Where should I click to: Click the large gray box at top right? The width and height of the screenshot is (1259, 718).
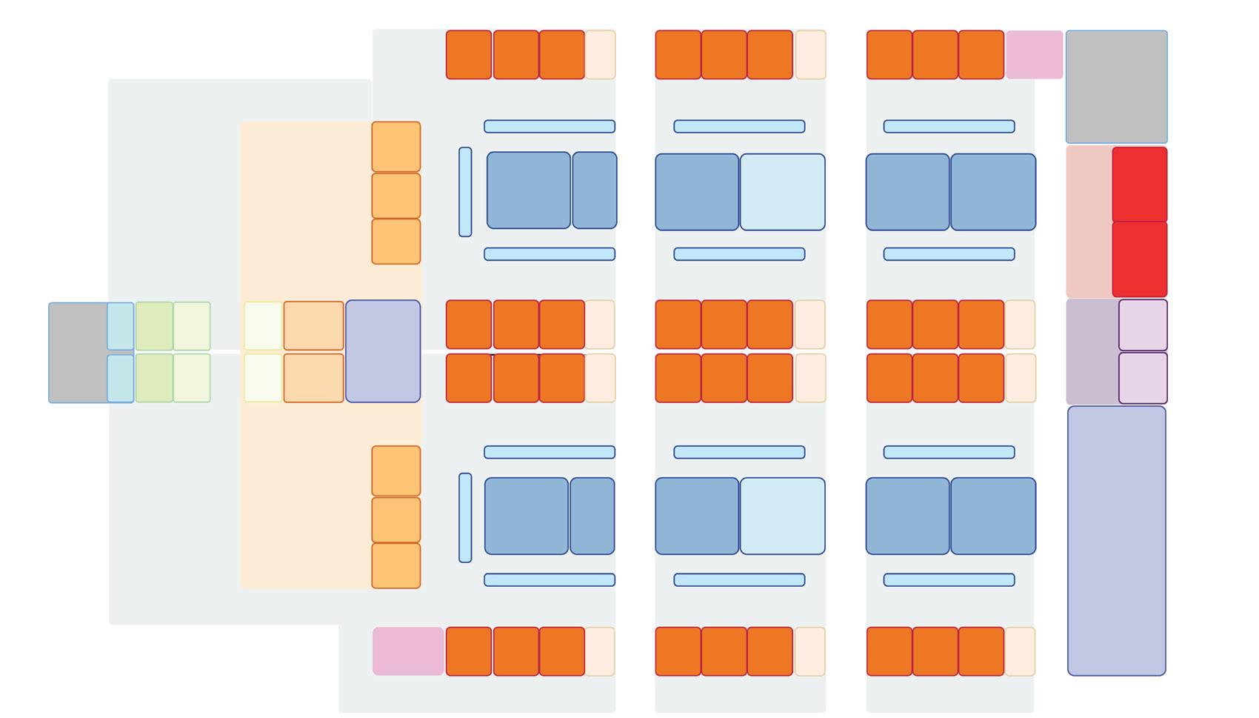tap(1116, 87)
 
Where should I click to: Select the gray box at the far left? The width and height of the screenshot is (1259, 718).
tap(78, 352)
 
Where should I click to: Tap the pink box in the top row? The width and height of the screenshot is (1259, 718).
tap(1034, 54)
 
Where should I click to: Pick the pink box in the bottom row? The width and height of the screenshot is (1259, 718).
tap(408, 651)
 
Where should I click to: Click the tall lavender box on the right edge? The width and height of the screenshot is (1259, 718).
tap(1116, 541)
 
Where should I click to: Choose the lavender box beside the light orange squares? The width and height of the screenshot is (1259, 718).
tap(383, 351)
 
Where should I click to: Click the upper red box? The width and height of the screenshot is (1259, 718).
tap(1139, 184)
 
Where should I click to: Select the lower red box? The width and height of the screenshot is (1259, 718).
tap(1139, 259)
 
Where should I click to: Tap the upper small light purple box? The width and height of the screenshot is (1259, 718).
tap(1143, 325)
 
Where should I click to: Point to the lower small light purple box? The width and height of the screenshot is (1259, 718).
tap(1143, 378)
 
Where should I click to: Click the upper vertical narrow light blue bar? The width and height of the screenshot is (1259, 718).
tap(465, 192)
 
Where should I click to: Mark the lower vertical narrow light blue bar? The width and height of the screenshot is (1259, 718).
tap(465, 517)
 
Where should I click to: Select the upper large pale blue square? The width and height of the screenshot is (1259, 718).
tap(782, 192)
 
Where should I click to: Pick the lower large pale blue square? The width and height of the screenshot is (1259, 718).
tap(782, 516)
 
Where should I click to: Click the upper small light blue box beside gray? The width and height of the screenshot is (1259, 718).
tap(121, 326)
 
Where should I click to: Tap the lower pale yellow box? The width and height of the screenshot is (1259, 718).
tap(263, 378)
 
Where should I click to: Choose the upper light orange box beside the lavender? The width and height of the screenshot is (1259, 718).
tap(313, 325)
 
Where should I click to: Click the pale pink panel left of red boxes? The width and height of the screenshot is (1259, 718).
tap(1089, 222)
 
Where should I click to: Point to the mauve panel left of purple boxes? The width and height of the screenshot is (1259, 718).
tap(1092, 352)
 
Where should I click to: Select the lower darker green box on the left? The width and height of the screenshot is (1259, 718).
tap(154, 378)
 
